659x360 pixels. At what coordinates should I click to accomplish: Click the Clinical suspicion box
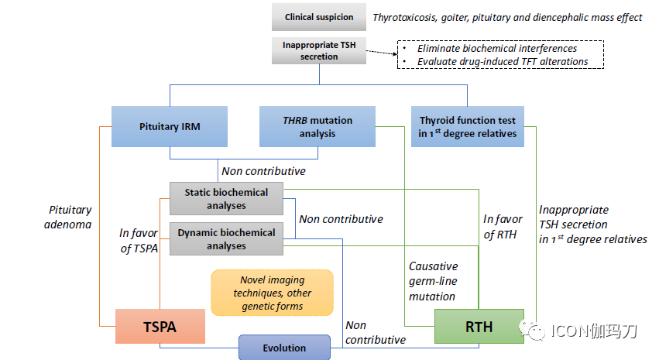pyautogui.click(x=319, y=17)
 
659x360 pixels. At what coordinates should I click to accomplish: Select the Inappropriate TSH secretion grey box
pyautogui.click(x=319, y=51)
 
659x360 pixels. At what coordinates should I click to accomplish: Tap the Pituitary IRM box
pyautogui.click(x=170, y=126)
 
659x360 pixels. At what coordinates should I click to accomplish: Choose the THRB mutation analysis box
pyautogui.click(x=317, y=127)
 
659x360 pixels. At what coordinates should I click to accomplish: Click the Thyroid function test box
pyautogui.click(x=468, y=127)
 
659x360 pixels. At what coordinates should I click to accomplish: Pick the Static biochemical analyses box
pyautogui.click(x=226, y=199)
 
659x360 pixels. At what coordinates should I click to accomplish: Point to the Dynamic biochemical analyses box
pyautogui.click(x=226, y=239)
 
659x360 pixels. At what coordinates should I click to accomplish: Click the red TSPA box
pyautogui.click(x=160, y=327)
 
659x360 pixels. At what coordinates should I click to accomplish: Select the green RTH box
pyautogui.click(x=479, y=327)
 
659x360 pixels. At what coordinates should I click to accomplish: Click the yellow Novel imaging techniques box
pyautogui.click(x=272, y=293)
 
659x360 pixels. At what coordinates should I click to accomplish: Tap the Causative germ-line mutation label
pyautogui.click(x=434, y=281)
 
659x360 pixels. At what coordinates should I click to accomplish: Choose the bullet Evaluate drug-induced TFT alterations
pyautogui.click(x=503, y=61)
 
